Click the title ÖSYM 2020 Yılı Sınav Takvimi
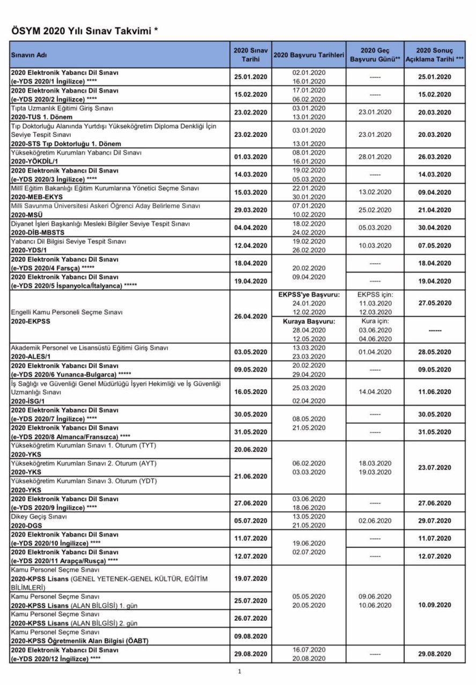tap(84, 32)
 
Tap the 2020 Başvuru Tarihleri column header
tap(308, 55)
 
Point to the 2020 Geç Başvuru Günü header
tap(375, 55)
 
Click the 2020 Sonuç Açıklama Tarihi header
tap(435, 55)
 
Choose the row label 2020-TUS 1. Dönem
tap(45, 117)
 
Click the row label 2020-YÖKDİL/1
tap(34, 161)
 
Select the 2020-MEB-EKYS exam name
tap(36, 197)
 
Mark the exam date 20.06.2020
tap(250, 450)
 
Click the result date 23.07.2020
tap(435, 467)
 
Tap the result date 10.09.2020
tap(435, 605)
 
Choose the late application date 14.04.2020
tap(375, 392)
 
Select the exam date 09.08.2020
tap(250, 636)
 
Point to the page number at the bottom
tap(240, 671)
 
